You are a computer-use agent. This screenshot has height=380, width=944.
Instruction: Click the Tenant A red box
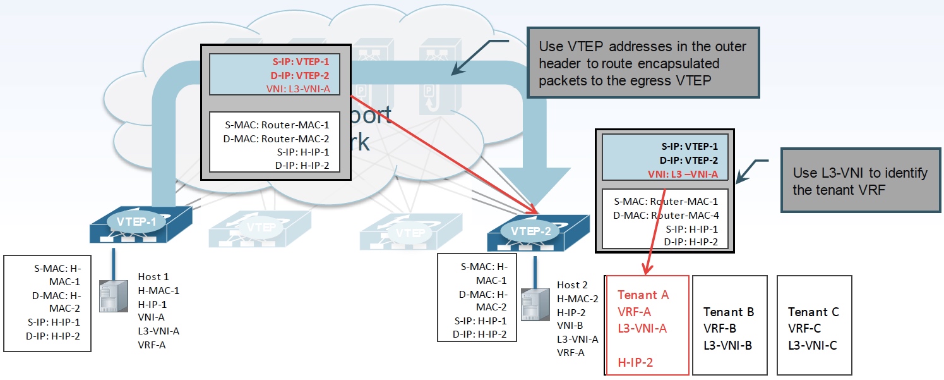[x=647, y=325]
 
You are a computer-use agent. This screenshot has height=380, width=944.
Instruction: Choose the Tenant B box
[x=729, y=325]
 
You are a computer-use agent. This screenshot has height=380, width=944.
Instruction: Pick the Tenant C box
[x=813, y=325]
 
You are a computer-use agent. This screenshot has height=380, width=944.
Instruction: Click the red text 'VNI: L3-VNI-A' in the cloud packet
[x=298, y=88]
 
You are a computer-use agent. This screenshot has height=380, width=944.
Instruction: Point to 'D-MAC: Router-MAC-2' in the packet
[x=277, y=139]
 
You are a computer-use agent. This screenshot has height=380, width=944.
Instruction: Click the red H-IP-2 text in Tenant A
[x=635, y=362]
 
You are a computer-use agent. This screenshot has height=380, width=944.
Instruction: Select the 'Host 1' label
[x=153, y=276]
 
